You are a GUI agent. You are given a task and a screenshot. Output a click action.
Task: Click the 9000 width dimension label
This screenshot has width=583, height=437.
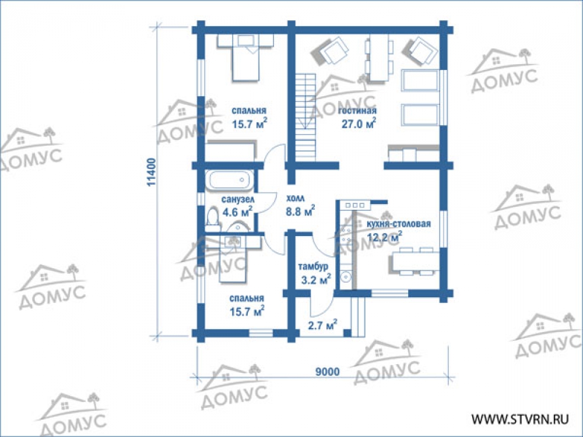(328, 372)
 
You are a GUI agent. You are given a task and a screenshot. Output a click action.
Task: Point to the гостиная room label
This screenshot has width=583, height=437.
(357, 110)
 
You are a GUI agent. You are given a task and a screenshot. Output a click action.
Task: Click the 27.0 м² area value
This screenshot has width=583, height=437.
(359, 124)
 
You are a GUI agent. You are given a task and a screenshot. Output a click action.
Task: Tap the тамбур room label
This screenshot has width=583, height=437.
(313, 267)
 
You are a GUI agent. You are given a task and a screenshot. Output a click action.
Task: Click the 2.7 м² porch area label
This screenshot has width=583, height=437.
(322, 325)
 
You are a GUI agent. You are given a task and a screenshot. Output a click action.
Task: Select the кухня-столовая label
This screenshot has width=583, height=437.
(399, 224)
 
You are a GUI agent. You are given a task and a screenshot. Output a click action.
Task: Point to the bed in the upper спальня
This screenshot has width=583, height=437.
(245, 58)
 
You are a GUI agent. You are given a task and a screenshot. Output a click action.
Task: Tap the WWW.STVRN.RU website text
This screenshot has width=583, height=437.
(520, 420)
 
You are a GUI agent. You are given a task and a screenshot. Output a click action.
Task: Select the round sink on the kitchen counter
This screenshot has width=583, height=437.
(345, 277)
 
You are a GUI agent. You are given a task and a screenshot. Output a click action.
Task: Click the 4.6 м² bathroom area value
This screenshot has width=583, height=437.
(237, 212)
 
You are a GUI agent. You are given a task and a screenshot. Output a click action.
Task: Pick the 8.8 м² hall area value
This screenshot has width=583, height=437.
(300, 211)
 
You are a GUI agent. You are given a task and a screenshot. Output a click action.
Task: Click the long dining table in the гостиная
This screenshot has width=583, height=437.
(379, 58)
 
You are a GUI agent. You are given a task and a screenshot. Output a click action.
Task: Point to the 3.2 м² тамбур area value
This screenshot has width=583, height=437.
(315, 280)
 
